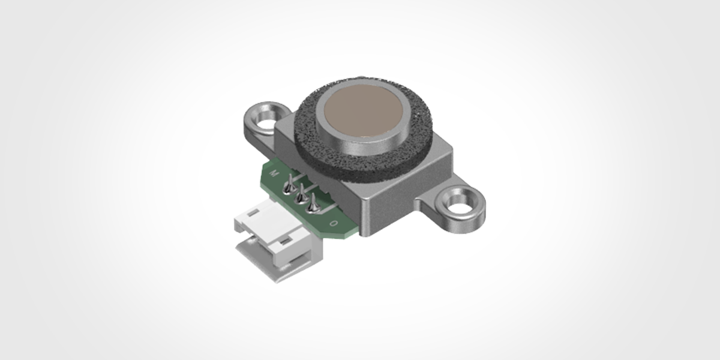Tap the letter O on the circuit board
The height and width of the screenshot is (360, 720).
pyautogui.click(x=334, y=224)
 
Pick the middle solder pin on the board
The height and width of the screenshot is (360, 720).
pyautogui.click(x=301, y=196)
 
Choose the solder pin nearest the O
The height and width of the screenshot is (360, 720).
pyautogui.click(x=312, y=206)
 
